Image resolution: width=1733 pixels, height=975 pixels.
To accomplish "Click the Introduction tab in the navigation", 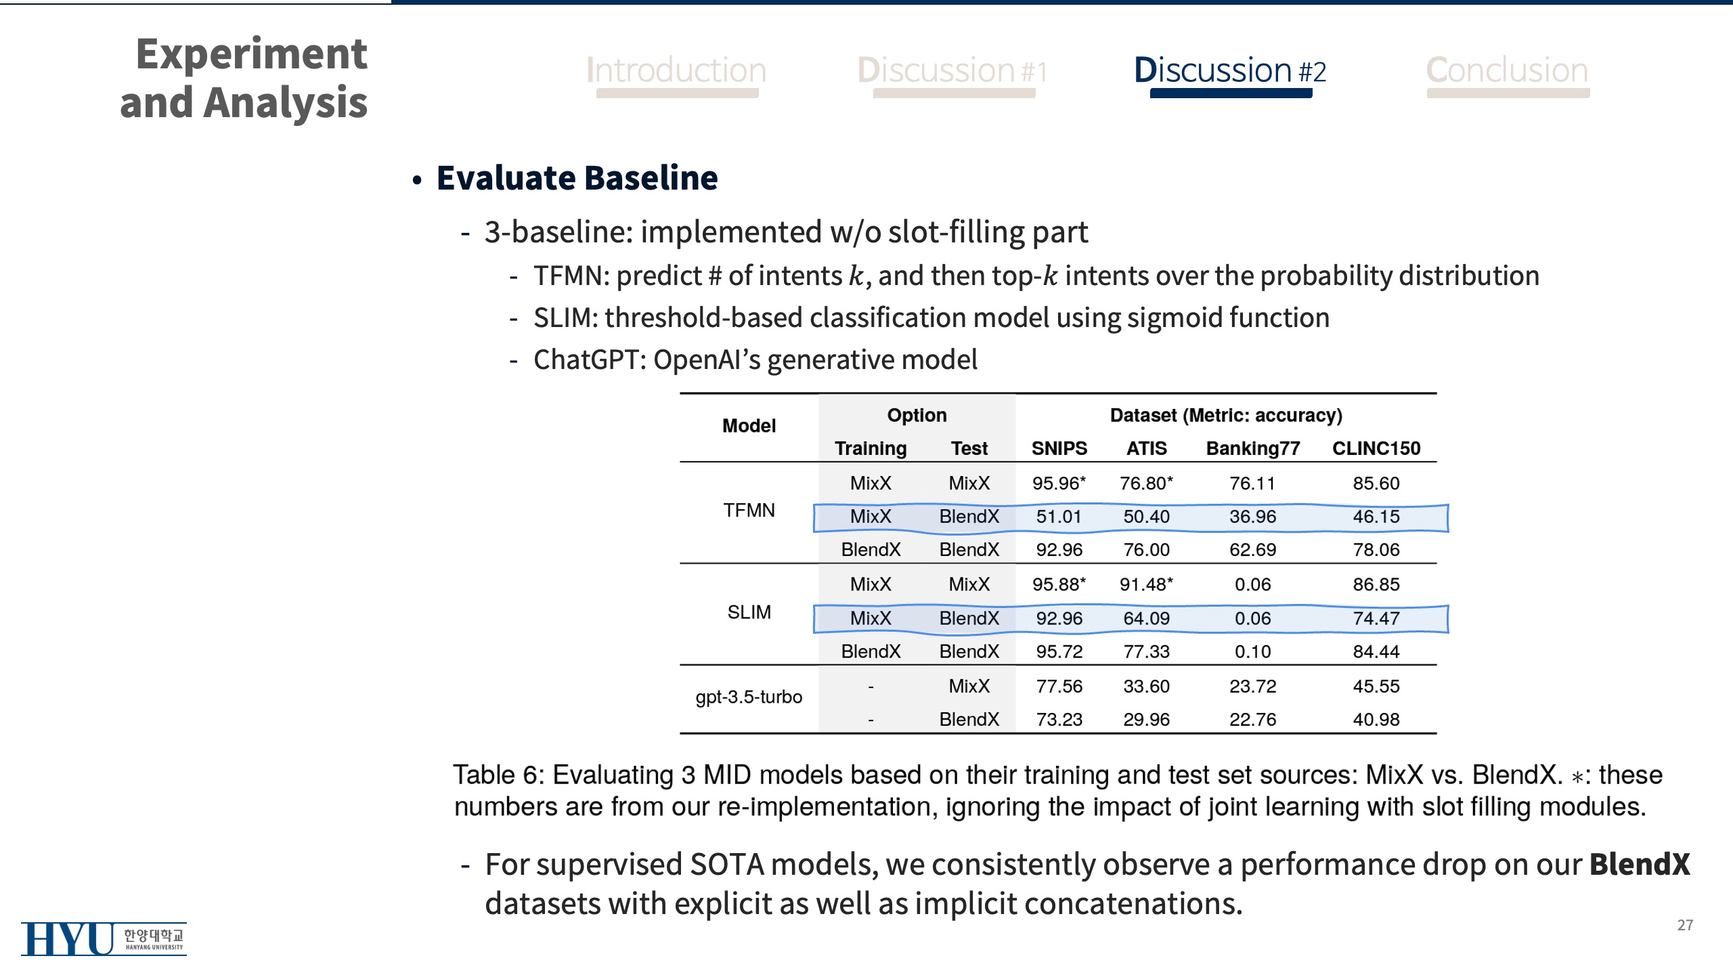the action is (x=676, y=70).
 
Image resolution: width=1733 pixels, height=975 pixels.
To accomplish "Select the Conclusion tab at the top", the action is (x=1508, y=70).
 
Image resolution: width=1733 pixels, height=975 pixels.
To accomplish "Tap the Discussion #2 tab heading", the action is (x=1230, y=70).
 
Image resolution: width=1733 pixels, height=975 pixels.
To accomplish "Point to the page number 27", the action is (x=1685, y=925).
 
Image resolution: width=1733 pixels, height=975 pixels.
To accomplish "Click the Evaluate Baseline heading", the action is (x=577, y=178).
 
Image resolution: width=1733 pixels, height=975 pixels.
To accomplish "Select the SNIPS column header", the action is (x=1059, y=448).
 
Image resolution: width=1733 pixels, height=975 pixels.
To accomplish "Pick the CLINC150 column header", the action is (x=1376, y=448).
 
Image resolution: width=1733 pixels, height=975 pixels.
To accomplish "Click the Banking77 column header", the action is (x=1253, y=448).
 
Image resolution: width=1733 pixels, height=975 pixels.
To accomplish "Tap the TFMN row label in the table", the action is (x=749, y=511).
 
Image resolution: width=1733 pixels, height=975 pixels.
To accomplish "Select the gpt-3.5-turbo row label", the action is (x=749, y=697).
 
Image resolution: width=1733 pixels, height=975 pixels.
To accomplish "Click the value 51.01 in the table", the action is (x=1059, y=517).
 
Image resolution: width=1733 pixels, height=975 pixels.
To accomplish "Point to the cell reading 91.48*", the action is (x=1146, y=584).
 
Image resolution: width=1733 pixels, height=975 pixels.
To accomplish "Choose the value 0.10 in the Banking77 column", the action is (x=1253, y=651).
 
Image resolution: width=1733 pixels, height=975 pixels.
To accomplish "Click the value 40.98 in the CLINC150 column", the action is (x=1376, y=719).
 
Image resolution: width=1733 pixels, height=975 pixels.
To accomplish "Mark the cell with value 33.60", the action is (x=1146, y=686).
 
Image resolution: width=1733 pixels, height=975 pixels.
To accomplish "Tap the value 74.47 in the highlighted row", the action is (x=1376, y=618).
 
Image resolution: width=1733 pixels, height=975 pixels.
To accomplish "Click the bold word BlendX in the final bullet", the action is (x=1640, y=865).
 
